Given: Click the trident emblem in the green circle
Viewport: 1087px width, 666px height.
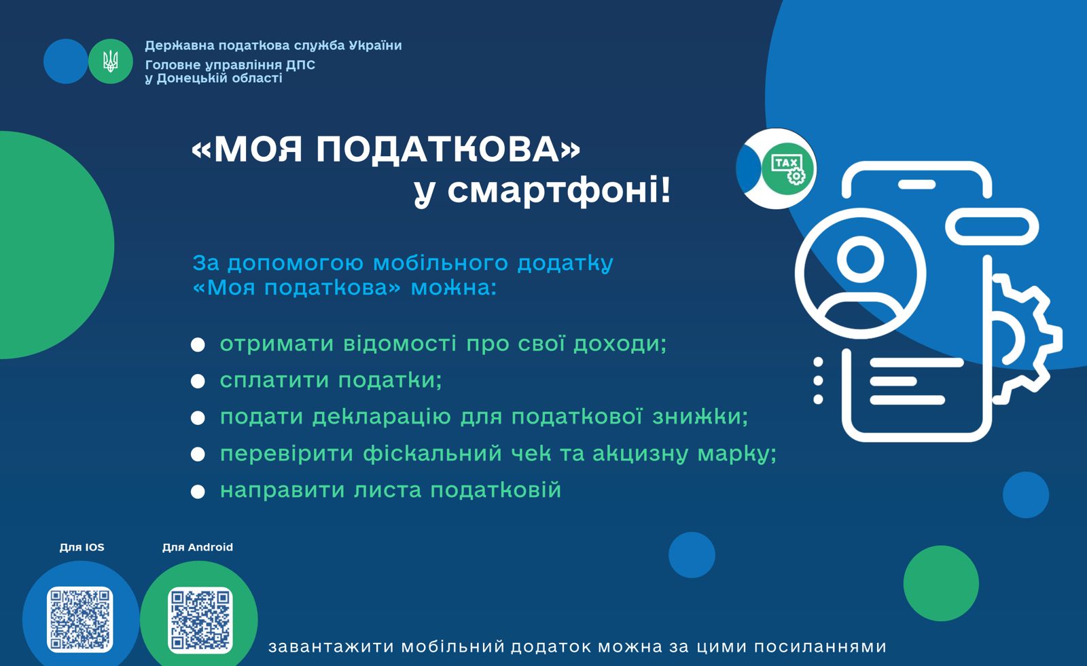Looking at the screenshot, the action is tap(111, 61).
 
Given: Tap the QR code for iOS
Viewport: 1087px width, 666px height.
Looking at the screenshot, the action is tap(80, 619).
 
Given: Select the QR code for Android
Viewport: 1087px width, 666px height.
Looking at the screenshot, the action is tap(200, 620).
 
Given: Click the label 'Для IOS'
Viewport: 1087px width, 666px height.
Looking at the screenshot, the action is tap(82, 547).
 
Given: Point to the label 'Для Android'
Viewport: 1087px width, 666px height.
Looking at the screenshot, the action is tap(198, 547).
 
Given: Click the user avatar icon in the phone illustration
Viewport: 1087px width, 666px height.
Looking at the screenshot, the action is tap(860, 273).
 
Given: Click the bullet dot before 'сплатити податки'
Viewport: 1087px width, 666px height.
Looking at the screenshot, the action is tap(198, 382).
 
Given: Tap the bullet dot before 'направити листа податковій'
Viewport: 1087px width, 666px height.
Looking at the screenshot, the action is tap(198, 492).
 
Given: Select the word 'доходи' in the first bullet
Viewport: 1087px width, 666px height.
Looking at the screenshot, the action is tap(620, 344).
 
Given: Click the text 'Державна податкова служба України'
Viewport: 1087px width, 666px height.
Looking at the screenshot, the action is tap(273, 45).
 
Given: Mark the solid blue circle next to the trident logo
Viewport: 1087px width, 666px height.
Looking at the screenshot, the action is tap(65, 61).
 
